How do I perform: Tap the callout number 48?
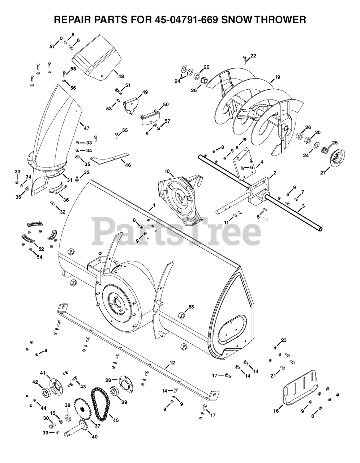(121, 76)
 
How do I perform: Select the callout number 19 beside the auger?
(277, 77)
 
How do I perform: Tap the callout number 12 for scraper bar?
(172, 362)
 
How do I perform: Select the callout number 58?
(191, 307)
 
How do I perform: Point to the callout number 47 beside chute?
(86, 128)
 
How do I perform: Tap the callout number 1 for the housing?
(154, 205)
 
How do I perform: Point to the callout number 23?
(284, 340)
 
